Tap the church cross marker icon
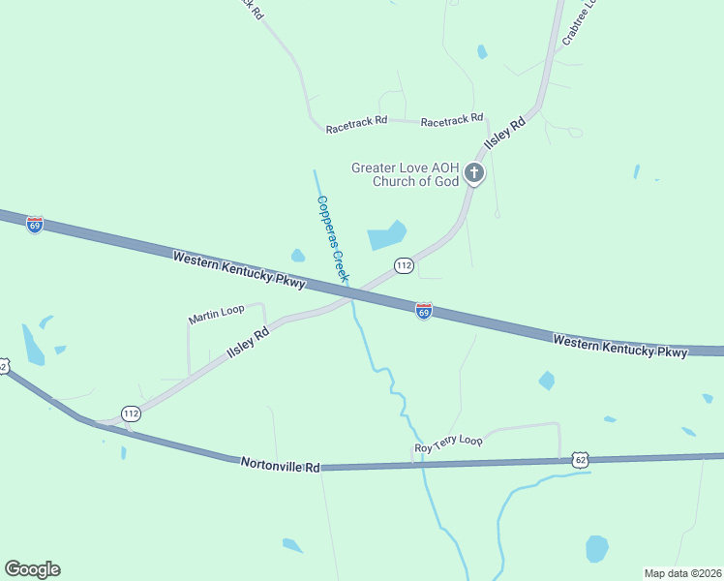click(x=474, y=173)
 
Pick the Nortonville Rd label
click(x=281, y=465)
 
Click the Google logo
click(x=32, y=569)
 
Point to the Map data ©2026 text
click(x=682, y=572)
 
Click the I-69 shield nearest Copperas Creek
click(x=424, y=311)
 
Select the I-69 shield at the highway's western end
click(x=35, y=225)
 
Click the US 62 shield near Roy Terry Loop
click(x=580, y=460)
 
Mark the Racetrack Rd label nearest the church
click(x=452, y=119)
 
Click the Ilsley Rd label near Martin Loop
click(x=247, y=345)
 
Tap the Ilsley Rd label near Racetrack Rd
click(x=504, y=131)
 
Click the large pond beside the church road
click(x=386, y=235)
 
